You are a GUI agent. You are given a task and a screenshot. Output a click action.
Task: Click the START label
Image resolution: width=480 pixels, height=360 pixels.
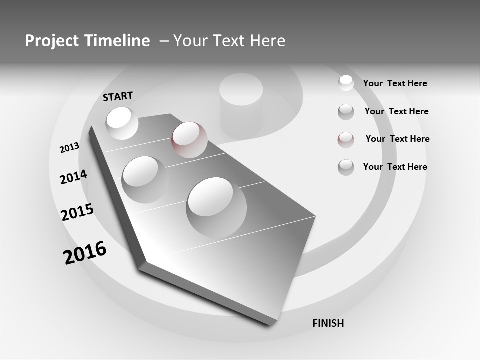coord(118,96)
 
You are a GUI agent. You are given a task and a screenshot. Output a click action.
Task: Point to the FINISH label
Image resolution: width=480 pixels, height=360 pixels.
coord(328,323)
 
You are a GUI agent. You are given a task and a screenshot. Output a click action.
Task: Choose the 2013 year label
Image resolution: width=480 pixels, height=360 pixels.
coord(69,148)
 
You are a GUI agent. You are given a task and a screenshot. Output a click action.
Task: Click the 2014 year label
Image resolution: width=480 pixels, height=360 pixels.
coord(73,177)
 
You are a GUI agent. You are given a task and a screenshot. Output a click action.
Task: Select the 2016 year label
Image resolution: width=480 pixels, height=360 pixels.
coord(85,253)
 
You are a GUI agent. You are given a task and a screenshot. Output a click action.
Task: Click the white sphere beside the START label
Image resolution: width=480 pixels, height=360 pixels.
coord(122,122)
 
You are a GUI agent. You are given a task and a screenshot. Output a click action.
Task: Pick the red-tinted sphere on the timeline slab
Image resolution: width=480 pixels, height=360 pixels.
coord(189,139)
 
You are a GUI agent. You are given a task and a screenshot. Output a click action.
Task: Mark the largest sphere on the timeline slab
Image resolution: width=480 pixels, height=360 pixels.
coord(216,207)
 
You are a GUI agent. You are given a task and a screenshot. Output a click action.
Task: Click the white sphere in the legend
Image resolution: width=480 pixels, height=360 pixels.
coord(346,83)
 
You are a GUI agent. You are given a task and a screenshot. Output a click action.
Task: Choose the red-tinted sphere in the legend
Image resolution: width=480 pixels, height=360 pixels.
coord(346,139)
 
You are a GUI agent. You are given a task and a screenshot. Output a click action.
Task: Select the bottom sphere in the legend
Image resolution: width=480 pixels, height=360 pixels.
coord(346,167)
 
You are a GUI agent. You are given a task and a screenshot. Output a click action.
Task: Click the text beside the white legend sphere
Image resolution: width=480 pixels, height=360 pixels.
coord(395,83)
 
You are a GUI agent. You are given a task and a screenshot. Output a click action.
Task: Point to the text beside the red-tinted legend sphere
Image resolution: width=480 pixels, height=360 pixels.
coord(397,139)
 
